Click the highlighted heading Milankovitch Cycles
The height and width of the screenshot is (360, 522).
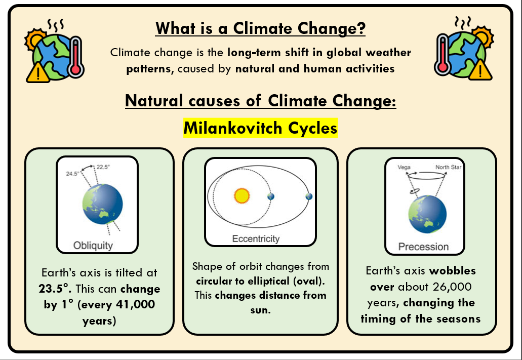click(x=260, y=128)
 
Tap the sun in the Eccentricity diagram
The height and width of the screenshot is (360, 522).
click(x=242, y=196)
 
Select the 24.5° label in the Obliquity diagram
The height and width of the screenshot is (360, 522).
click(x=72, y=174)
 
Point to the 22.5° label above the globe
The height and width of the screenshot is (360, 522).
click(x=103, y=167)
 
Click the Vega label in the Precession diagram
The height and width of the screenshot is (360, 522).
click(x=404, y=167)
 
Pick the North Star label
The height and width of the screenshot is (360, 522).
click(x=449, y=167)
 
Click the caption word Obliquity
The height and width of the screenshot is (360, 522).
click(x=93, y=246)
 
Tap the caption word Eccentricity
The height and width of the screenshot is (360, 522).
click(x=256, y=239)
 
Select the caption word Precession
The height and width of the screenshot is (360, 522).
click(x=423, y=247)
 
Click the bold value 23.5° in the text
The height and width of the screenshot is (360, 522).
click(x=55, y=289)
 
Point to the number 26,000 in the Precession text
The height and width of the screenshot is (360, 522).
click(x=452, y=287)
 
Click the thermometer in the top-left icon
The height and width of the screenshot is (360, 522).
click(x=76, y=57)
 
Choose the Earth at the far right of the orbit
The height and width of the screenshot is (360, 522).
click(x=309, y=196)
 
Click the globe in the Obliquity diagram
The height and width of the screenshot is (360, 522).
click(x=103, y=204)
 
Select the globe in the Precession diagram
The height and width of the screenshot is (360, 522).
click(x=427, y=214)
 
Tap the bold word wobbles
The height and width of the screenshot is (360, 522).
click(x=453, y=271)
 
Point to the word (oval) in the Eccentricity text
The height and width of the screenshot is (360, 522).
click(x=309, y=281)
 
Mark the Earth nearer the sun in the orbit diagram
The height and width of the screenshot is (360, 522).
click(x=271, y=196)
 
